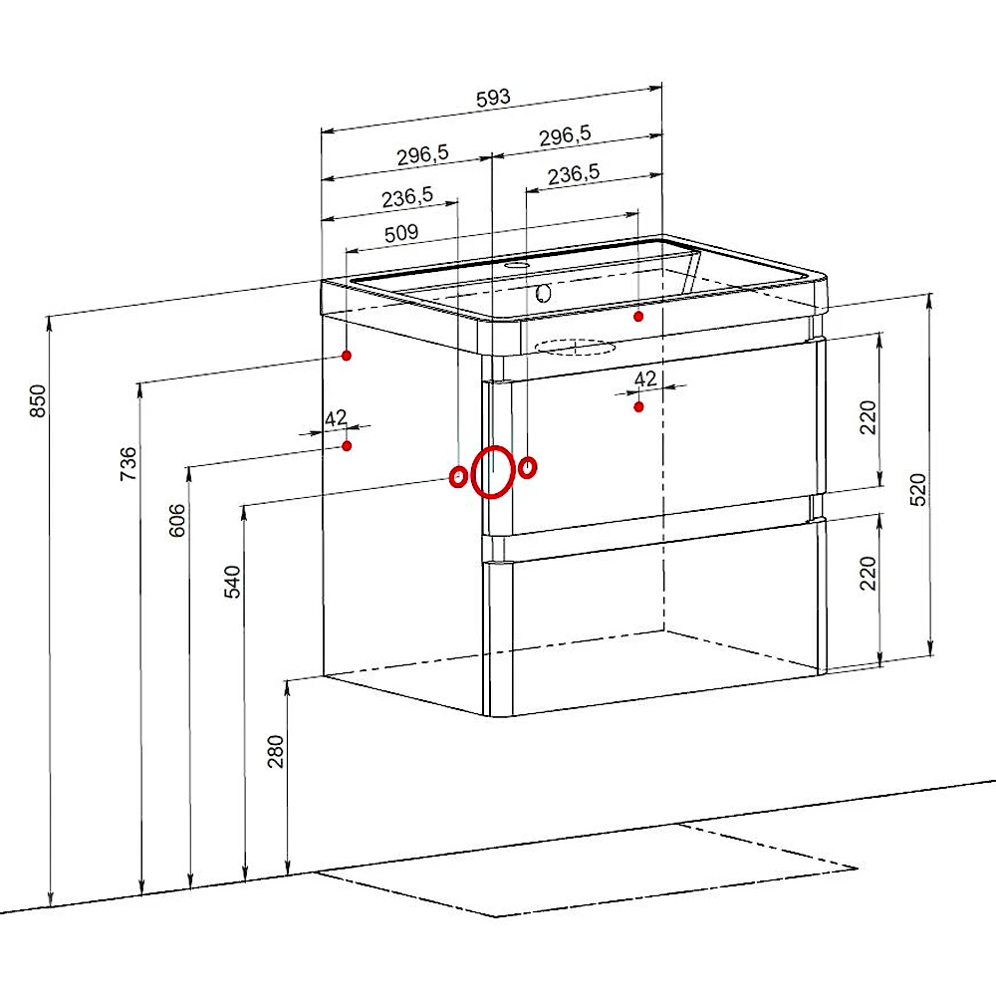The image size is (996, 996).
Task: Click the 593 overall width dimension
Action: tap(493, 98)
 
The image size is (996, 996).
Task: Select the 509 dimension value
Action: tap(401, 233)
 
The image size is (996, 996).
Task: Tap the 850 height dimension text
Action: tap(38, 400)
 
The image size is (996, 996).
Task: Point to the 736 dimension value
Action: tap(128, 463)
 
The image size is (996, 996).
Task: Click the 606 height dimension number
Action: tap(177, 520)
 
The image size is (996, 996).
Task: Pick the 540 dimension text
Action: tap(232, 582)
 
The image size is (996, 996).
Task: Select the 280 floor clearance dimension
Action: tap(276, 751)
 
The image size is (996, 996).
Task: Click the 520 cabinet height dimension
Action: tap(918, 489)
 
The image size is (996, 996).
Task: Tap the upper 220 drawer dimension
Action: tap(868, 417)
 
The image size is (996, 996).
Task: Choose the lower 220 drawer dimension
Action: tap(868, 573)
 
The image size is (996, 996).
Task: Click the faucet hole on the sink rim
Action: tap(518, 264)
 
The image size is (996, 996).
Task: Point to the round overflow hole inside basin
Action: tap(543, 293)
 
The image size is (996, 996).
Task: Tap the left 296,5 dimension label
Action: tap(422, 155)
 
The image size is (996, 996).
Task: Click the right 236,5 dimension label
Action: tap(574, 174)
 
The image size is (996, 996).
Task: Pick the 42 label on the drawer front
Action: tap(645, 378)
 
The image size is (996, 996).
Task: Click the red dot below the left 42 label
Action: tap(347, 446)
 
